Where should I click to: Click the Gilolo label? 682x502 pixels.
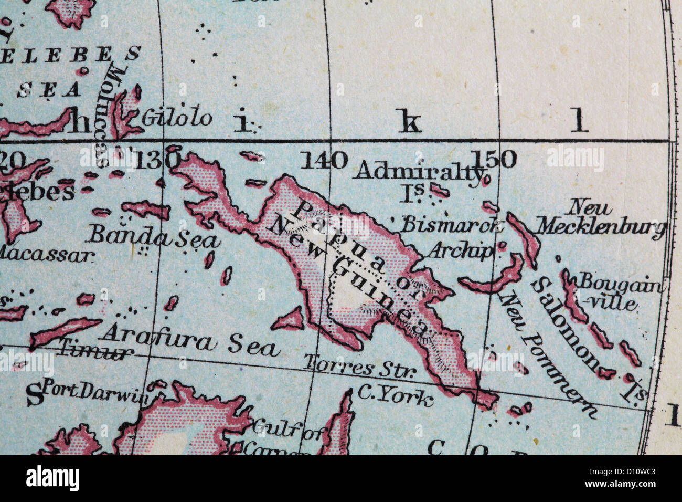(176, 118)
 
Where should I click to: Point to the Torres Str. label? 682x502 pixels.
(360, 366)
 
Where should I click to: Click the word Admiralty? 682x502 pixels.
(418, 171)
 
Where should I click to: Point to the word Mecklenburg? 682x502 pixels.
(601, 227)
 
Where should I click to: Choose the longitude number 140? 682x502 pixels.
(324, 160)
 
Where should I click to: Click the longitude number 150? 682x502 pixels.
(493, 159)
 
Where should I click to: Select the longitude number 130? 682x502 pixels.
(156, 160)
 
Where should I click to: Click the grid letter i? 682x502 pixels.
(241, 122)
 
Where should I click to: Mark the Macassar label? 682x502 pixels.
(46, 255)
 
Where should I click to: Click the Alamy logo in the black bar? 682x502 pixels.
(53, 478)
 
